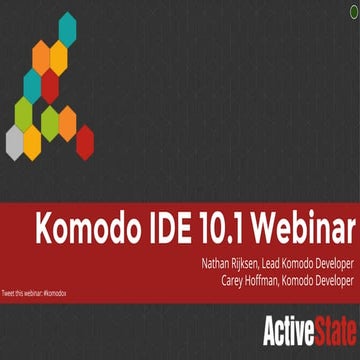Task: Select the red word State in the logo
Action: click(x=331, y=327)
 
